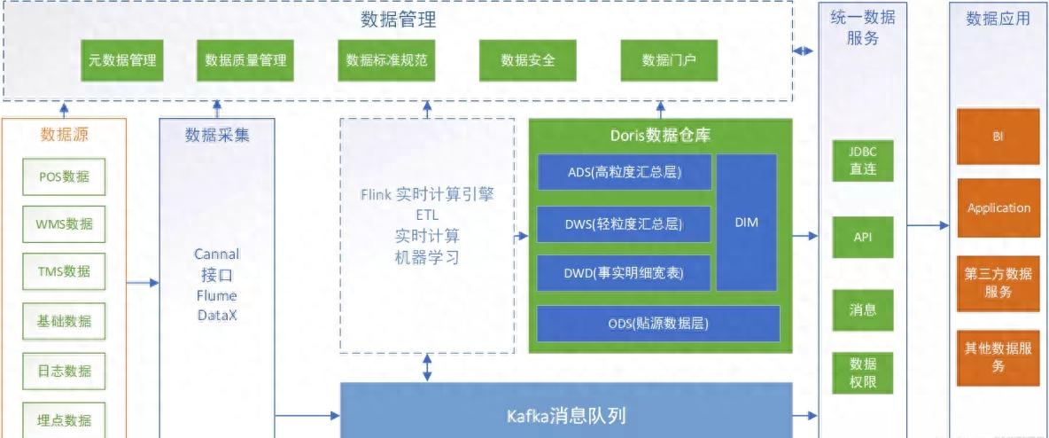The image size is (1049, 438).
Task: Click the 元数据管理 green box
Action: pyautogui.click(x=121, y=60)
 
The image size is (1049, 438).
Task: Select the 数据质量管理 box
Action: pyautogui.click(x=245, y=60)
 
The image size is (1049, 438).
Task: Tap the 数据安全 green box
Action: pyautogui.click(x=527, y=60)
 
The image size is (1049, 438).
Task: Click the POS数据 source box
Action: pyautogui.click(x=64, y=176)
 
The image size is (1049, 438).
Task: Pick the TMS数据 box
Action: pyautogui.click(x=64, y=271)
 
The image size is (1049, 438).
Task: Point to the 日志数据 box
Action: pyautogui.click(x=64, y=371)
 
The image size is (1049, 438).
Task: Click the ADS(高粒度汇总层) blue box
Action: pyautogui.click(x=625, y=172)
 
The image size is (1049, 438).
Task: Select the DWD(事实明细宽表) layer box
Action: pyautogui.click(x=625, y=272)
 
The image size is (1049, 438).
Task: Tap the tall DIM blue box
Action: pyautogui.click(x=747, y=223)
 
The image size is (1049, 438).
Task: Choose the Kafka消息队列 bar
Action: pyautogui.click(x=567, y=415)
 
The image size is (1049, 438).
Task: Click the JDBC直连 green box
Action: pyautogui.click(x=863, y=160)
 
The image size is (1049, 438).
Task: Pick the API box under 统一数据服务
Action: pyautogui.click(x=863, y=237)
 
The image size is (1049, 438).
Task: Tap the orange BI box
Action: pyautogui.click(x=998, y=137)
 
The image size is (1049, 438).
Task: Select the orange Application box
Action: pyautogui.click(x=998, y=207)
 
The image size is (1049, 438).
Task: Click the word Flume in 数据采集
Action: pyautogui.click(x=217, y=295)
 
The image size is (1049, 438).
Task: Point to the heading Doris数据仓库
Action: pyautogui.click(x=660, y=136)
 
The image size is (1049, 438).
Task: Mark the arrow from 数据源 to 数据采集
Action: pyautogui.click(x=143, y=283)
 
